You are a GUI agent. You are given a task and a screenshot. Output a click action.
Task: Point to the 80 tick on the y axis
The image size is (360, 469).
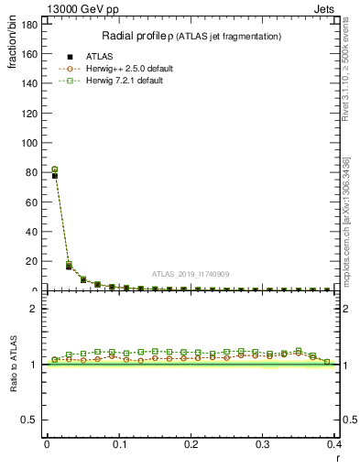pyautogui.click(x=34, y=172)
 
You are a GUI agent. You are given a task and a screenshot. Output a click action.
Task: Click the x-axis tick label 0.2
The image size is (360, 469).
pyautogui.click(x=191, y=444)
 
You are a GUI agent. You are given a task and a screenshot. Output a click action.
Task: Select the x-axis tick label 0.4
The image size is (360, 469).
pyautogui.click(x=333, y=444)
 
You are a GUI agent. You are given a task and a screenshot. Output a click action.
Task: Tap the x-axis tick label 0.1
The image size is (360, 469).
pyautogui.click(x=118, y=444)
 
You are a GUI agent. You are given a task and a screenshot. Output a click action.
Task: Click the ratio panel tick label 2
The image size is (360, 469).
pyautogui.click(x=37, y=308)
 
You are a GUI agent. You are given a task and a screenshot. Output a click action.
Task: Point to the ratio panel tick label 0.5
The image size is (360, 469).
pyautogui.click(x=32, y=420)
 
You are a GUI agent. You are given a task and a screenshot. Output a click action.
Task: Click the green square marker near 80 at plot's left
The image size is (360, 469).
pyautogui.click(x=54, y=169)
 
